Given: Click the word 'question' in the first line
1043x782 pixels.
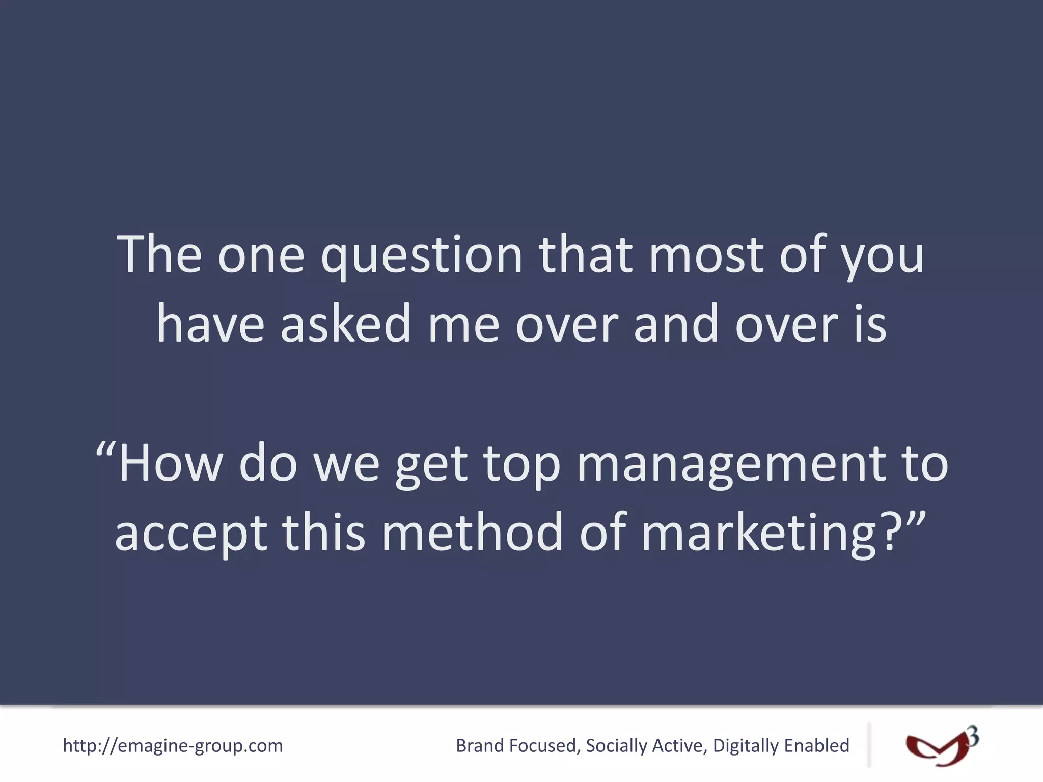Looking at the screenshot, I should point(422,256).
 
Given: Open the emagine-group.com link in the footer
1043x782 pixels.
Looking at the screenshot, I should point(173,746).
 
